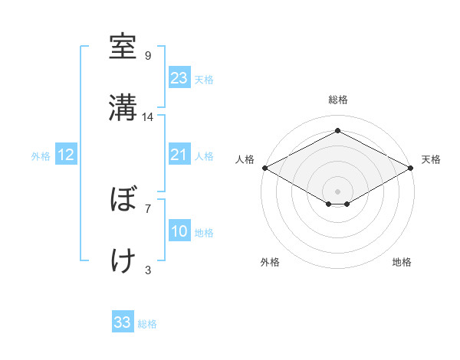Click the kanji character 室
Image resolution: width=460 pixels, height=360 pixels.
[x=123, y=47]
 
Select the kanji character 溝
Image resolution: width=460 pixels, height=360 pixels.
[x=123, y=108]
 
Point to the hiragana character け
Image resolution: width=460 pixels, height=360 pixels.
[x=123, y=260]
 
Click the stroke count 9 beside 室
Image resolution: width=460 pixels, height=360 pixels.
[x=148, y=56]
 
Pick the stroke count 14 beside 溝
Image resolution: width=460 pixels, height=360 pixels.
[x=148, y=117]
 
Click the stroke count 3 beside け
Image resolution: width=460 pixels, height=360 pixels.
[x=148, y=270]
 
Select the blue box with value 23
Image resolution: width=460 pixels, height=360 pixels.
[x=179, y=78]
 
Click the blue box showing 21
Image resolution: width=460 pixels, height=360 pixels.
[x=179, y=155]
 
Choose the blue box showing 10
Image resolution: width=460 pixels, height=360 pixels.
[x=179, y=231]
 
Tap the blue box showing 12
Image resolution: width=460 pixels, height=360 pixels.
[x=66, y=155]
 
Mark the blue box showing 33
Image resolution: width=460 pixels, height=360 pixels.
[x=123, y=322]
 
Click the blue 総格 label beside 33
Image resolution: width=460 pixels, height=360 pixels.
[x=148, y=324]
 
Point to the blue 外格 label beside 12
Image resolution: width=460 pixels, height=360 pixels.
[x=41, y=156]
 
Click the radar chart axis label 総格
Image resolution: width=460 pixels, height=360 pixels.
[x=338, y=100]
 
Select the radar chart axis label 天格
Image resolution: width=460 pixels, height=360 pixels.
[x=432, y=159]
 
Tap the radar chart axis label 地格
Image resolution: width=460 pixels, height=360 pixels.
[x=402, y=263]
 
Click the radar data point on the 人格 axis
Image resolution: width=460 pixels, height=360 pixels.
[x=264, y=168]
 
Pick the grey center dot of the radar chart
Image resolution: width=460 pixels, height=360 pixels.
[x=338, y=191]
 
